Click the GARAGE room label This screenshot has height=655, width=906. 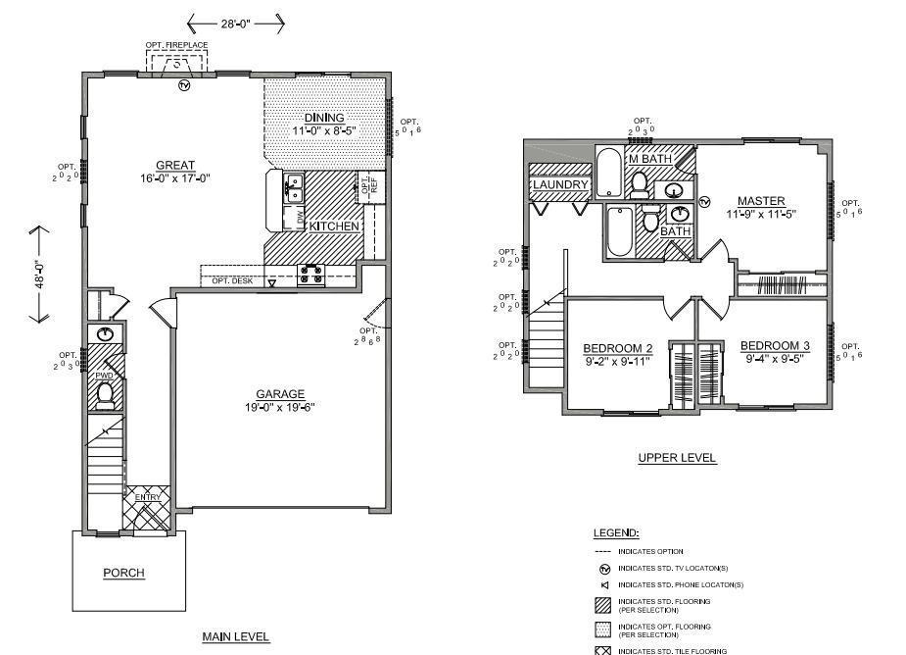280,394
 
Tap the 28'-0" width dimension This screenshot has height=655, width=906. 235,21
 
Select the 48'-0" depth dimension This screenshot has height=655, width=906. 40,274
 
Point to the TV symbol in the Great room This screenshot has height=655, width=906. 183,85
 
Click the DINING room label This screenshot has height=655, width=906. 323,118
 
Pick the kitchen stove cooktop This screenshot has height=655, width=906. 311,275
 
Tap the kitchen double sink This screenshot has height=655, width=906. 293,186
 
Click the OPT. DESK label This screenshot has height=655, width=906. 233,281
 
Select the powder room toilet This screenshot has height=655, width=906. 105,393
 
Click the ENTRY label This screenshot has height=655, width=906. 148,497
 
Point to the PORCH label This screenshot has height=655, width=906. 123,573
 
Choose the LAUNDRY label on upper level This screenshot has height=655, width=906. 560,185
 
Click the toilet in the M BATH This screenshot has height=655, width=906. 640,182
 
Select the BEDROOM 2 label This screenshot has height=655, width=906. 617,348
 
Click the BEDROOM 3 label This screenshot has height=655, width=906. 775,345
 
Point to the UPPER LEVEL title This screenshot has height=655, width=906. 677,458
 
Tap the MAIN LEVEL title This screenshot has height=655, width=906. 235,636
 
